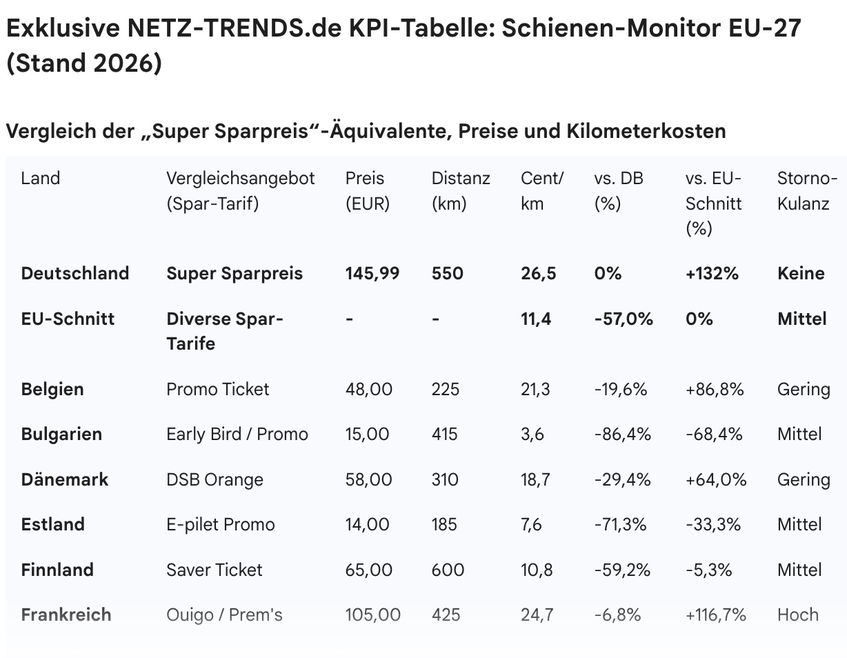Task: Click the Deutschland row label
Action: (74, 273)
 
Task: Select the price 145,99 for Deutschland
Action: (372, 273)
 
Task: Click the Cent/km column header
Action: (542, 191)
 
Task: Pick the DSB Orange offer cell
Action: (215, 479)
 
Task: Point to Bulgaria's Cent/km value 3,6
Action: (532, 434)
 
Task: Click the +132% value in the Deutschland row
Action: (712, 273)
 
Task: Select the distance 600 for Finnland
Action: (448, 570)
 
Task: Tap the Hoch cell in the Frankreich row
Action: (797, 615)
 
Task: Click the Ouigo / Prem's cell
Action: (224, 615)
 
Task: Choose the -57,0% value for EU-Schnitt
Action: (623, 319)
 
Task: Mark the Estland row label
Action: (53, 524)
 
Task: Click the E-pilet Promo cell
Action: (220, 524)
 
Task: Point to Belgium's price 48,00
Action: (368, 389)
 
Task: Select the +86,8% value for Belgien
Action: (715, 389)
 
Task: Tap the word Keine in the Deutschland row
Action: (800, 273)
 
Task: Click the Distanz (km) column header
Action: (461, 191)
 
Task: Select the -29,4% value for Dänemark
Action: (620, 479)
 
